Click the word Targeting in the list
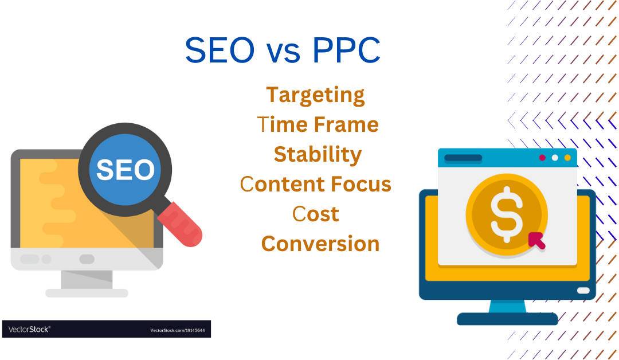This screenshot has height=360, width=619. point(315,95)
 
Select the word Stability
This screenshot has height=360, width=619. point(318,154)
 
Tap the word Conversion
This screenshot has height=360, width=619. point(320,244)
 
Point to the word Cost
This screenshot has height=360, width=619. point(316,214)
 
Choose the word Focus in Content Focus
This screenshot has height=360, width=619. point(361,184)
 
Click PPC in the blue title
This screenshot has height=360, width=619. point(346,50)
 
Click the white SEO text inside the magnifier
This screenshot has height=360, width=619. point(125,170)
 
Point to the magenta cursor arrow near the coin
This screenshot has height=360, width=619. point(536,240)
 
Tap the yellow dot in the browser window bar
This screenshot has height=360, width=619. point(567,158)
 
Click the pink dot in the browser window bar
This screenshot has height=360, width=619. point(542,158)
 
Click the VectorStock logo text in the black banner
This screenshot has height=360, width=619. point(29,329)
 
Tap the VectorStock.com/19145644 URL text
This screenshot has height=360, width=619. point(177,330)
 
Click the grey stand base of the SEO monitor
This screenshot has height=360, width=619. point(87,293)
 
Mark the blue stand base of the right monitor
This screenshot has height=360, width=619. point(507,319)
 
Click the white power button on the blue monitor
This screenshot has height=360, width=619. point(583,291)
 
